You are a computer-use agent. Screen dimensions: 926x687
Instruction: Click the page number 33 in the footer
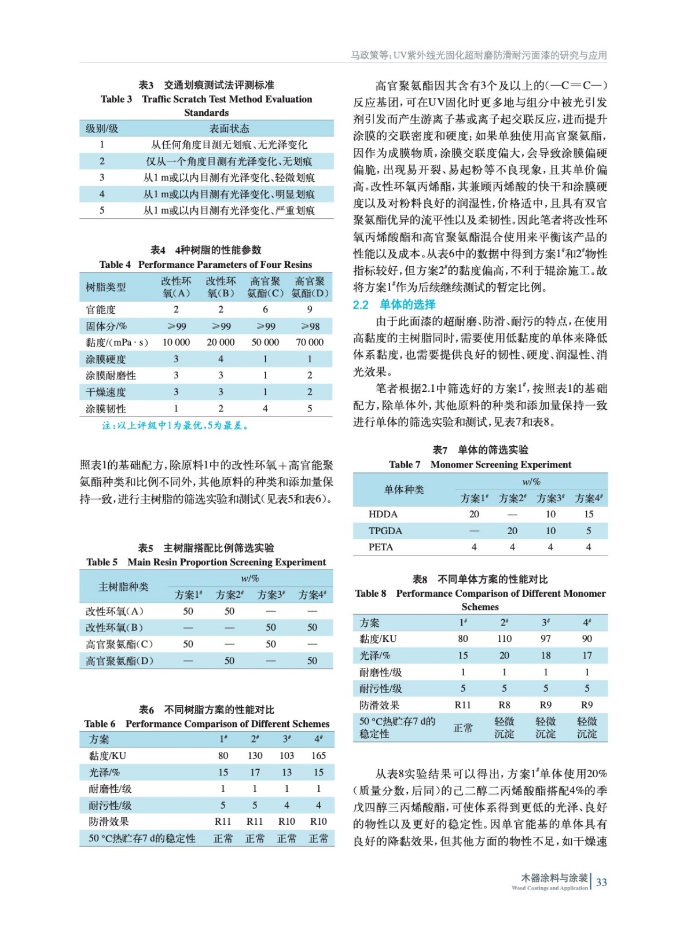click(601, 882)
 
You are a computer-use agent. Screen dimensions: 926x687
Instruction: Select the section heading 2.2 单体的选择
click(394, 304)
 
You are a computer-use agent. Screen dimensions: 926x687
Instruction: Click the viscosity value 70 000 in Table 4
click(310, 343)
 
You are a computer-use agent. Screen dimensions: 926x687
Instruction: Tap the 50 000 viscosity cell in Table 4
click(265, 343)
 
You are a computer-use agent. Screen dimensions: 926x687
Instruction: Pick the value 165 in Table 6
click(318, 756)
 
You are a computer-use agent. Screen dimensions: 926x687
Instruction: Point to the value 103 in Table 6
click(286, 756)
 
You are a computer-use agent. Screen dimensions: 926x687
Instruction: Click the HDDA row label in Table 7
click(383, 514)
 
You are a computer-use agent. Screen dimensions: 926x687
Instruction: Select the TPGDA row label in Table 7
click(385, 531)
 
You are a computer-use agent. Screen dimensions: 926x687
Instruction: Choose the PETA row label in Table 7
click(381, 547)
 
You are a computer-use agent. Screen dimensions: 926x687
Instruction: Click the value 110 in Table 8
click(504, 639)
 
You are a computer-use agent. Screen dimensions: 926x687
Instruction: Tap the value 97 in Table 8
click(545, 639)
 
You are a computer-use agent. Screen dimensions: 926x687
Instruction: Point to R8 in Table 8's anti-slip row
click(504, 705)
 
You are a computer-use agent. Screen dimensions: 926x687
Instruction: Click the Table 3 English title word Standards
click(206, 113)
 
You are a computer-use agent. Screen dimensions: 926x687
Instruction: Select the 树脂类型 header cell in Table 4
click(105, 287)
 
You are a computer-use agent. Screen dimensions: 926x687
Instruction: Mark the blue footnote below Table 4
click(175, 426)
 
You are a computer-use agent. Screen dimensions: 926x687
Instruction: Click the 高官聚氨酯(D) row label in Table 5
click(119, 661)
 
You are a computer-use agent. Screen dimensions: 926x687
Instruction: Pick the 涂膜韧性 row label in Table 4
click(105, 409)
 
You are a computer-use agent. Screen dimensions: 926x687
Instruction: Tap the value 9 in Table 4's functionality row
click(310, 310)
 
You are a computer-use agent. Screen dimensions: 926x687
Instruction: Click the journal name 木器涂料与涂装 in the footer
click(554, 878)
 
